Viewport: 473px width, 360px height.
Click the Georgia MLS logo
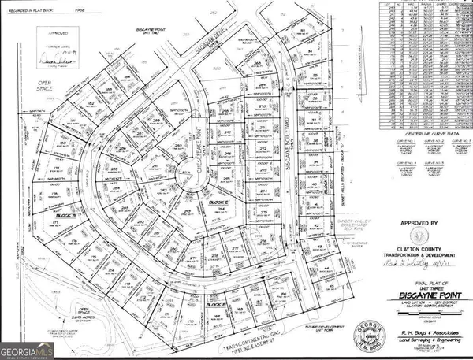(x=27, y=345)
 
